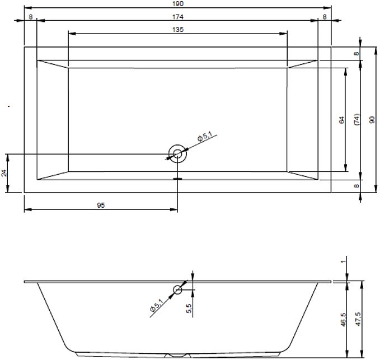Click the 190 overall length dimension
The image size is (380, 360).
178,3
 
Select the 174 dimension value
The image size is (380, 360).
178,17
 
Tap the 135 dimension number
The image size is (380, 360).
178,29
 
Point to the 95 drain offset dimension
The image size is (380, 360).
101,205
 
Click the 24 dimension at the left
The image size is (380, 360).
4,173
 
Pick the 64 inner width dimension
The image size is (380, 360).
341,120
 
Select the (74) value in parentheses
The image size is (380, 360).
357,119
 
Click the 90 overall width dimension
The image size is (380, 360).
372,120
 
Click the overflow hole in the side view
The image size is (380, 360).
177,289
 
